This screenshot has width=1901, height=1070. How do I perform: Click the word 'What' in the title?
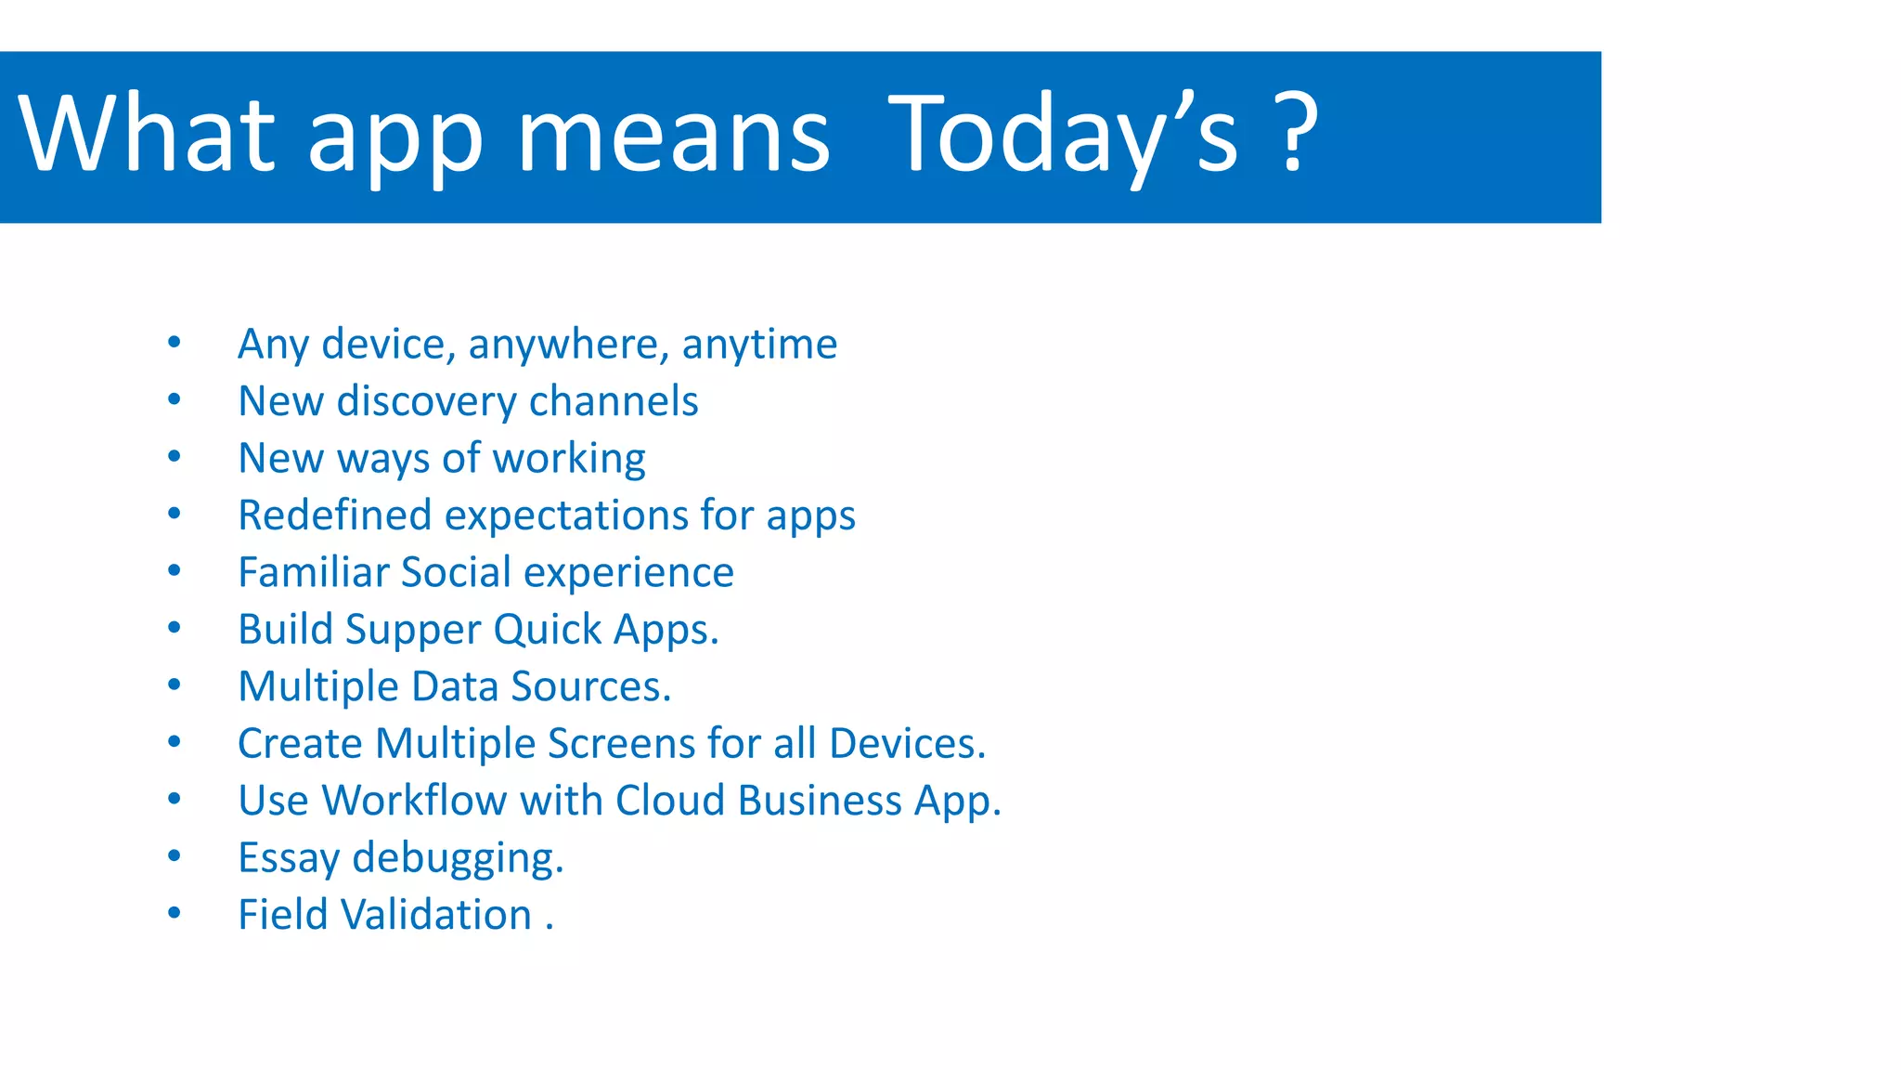(147, 135)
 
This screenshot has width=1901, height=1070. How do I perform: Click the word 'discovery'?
(426, 402)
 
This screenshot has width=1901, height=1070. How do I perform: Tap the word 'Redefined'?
(335, 515)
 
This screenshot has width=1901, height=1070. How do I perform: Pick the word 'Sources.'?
(590, 687)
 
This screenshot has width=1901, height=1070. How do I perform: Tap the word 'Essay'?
(289, 858)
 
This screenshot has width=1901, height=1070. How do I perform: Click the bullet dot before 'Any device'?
(174, 343)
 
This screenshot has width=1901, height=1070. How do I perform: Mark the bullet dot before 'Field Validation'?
(174, 913)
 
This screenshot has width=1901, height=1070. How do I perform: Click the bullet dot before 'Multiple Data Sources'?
(174, 685)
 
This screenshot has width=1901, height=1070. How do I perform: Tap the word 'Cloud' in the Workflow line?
(669, 801)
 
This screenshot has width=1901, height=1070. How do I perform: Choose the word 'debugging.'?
(458, 858)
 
